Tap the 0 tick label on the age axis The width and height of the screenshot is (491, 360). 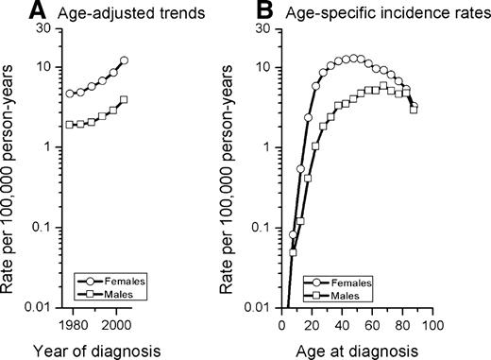(282, 324)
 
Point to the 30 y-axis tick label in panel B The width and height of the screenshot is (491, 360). (266, 28)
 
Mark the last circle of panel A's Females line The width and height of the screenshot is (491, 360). (125, 60)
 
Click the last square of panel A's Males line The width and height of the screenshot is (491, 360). (125, 99)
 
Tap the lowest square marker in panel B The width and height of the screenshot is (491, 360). (293, 252)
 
